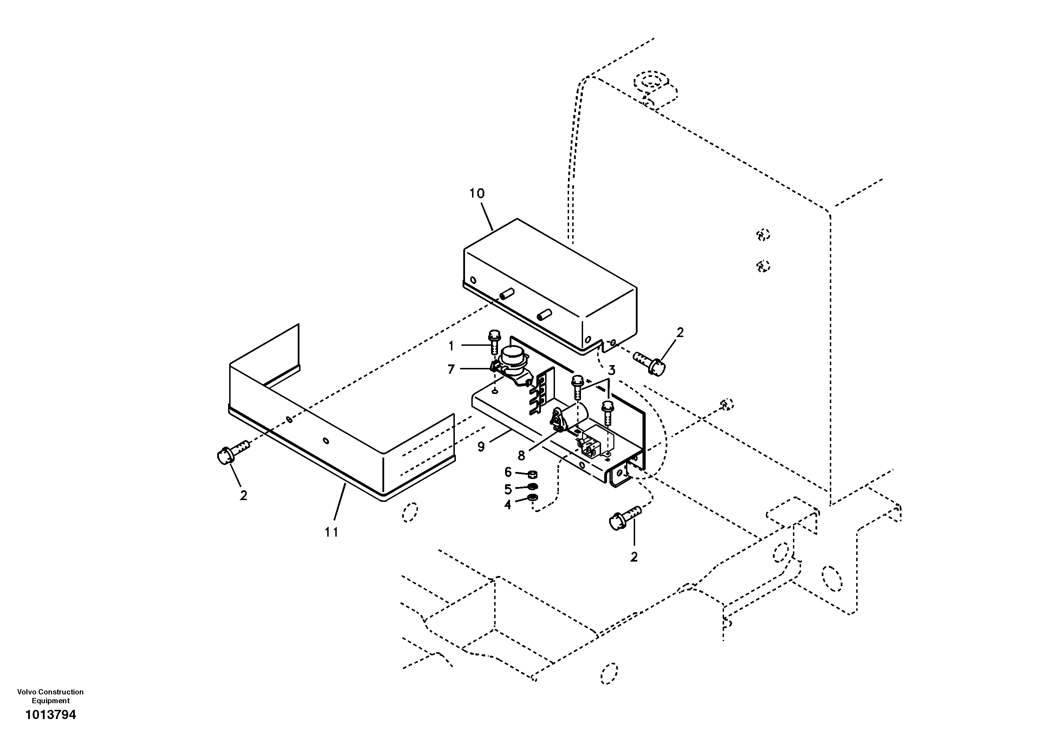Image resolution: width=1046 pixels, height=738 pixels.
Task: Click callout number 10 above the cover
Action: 477,194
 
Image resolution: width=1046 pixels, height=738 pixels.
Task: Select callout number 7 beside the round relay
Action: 451,369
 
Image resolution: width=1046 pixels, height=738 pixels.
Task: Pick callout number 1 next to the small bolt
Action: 451,346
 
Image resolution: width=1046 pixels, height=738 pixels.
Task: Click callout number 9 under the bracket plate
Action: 481,446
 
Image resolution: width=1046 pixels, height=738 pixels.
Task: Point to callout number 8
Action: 521,455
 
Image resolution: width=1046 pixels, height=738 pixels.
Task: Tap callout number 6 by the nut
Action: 508,472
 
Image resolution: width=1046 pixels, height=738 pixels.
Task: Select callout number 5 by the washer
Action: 508,489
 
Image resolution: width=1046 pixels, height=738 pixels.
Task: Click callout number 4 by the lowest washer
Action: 508,504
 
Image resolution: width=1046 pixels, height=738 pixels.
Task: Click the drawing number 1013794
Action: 51,715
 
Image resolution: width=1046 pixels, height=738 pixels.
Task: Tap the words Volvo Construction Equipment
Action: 51,696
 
